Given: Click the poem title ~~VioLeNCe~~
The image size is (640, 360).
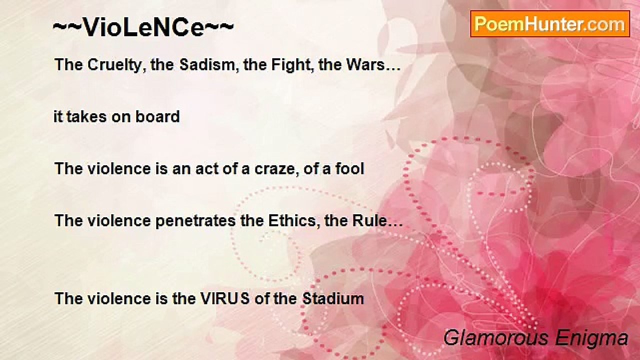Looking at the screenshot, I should coord(143,28).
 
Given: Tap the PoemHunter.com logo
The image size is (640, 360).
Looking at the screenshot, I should coord(549,24).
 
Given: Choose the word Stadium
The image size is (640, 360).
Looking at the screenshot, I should coord(332,299).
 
